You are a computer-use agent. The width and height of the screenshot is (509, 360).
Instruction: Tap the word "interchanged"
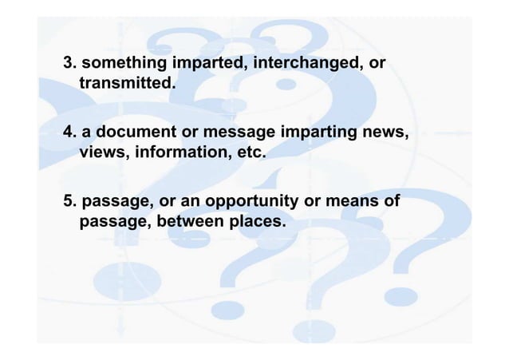[x=306, y=63]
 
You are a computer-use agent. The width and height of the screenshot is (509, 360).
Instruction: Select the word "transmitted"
[x=125, y=82]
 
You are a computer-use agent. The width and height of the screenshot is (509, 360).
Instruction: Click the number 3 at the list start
[x=69, y=63]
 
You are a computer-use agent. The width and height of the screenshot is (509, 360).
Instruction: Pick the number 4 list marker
[x=69, y=133]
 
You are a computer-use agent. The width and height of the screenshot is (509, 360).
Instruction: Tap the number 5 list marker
[x=69, y=202]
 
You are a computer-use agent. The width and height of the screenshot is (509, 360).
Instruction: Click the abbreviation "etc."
[x=247, y=152]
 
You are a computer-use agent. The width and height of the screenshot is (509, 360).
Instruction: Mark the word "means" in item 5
[x=349, y=202]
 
